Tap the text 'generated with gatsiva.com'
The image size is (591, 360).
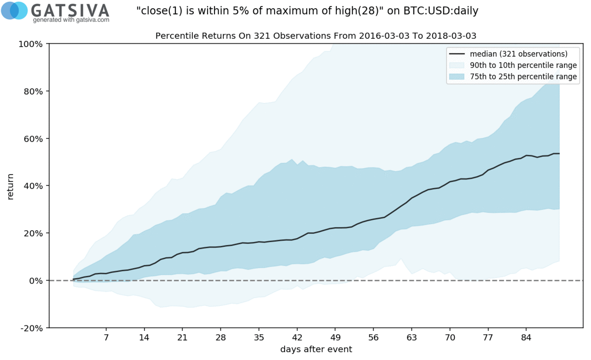click(x=71, y=20)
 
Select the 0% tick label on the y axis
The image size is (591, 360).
click(x=36, y=281)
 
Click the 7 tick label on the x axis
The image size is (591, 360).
click(x=106, y=337)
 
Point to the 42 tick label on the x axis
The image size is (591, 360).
click(x=297, y=337)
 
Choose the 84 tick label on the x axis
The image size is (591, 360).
click(x=526, y=337)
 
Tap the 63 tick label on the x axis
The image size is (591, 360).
click(x=412, y=337)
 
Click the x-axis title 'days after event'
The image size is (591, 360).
click(x=316, y=349)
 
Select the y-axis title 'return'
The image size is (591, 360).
click(x=10, y=186)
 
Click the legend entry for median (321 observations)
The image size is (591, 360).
click(x=522, y=54)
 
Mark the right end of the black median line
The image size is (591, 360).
click(x=559, y=154)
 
